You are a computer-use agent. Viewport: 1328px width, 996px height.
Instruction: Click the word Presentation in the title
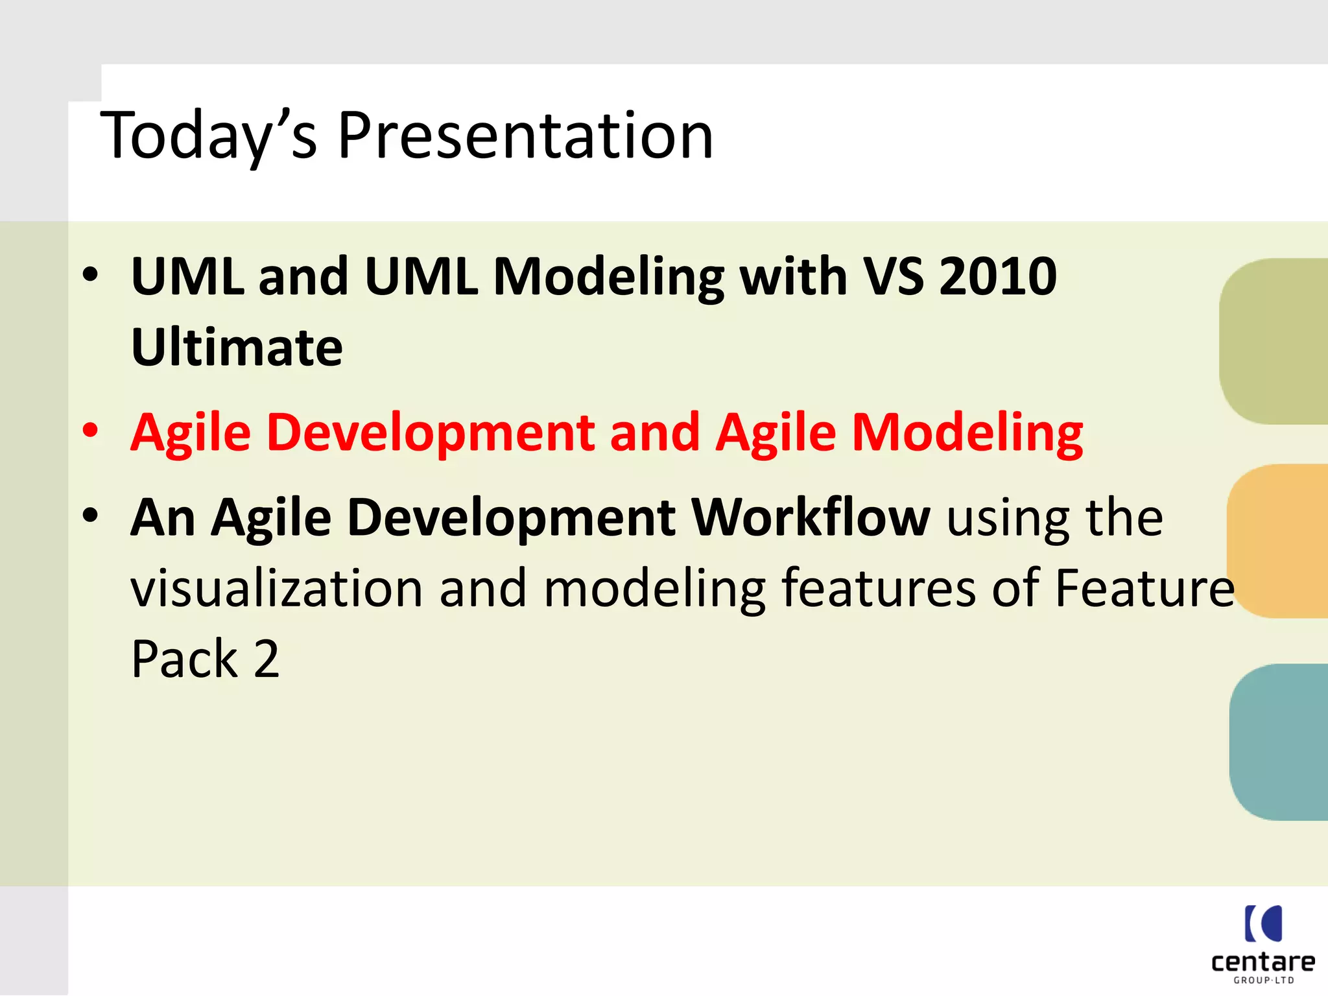(x=525, y=136)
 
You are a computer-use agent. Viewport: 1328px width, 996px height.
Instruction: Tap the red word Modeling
(x=967, y=433)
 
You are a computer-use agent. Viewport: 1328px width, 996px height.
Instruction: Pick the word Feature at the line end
(x=1144, y=589)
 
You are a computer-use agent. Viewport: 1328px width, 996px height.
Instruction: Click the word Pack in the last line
(x=185, y=659)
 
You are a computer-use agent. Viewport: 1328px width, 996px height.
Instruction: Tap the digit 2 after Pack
(x=267, y=659)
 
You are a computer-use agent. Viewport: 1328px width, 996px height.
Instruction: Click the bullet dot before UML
(x=90, y=274)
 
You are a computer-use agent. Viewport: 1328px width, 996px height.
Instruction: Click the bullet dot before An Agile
(x=90, y=515)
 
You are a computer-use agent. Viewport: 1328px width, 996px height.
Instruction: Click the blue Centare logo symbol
(x=1263, y=923)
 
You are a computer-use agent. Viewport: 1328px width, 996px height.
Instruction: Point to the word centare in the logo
(x=1263, y=962)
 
